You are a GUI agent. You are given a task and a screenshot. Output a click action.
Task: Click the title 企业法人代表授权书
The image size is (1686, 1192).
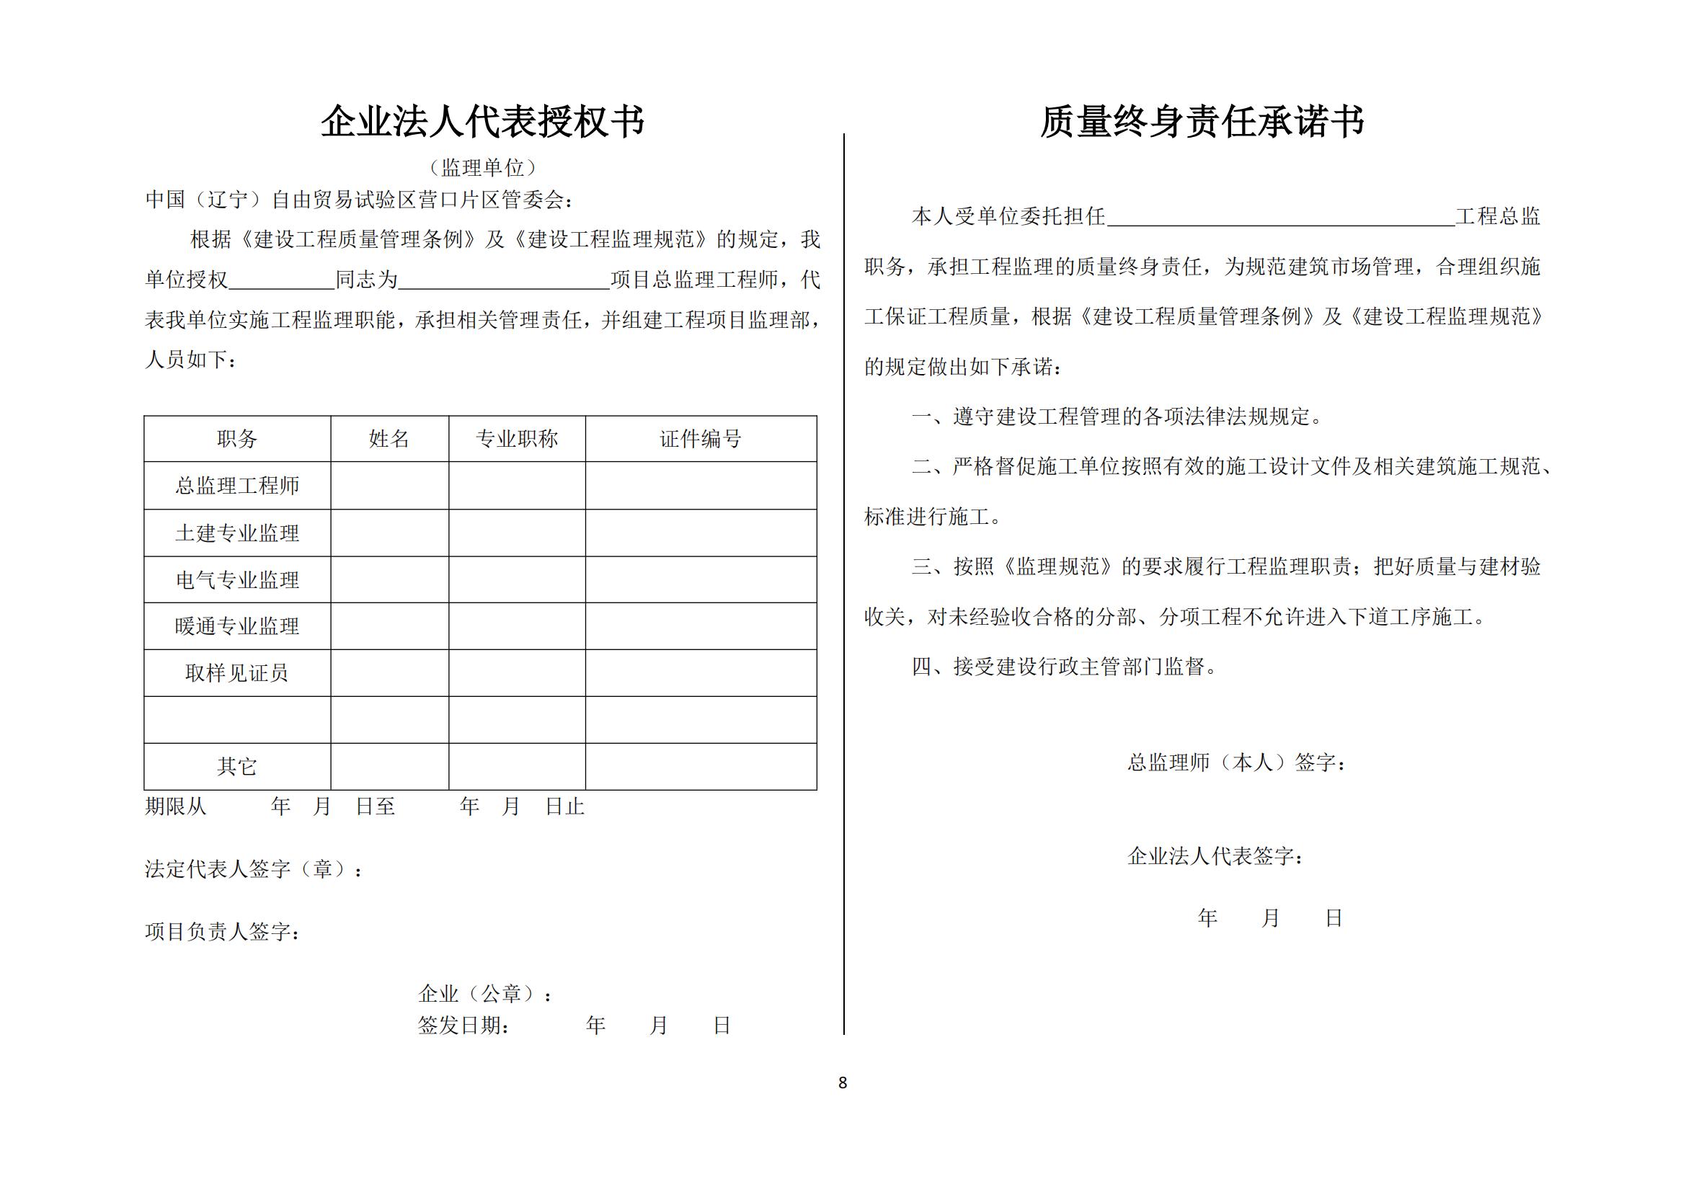(482, 121)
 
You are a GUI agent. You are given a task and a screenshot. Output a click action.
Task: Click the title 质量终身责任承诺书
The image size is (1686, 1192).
(1202, 121)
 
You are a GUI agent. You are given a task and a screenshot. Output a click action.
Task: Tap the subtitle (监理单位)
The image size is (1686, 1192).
(482, 168)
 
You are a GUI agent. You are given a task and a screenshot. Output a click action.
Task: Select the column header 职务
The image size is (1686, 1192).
(237, 439)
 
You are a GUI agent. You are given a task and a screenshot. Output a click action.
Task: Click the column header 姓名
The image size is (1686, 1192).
(389, 439)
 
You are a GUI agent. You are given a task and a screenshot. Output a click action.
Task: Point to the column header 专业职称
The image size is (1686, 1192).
(517, 439)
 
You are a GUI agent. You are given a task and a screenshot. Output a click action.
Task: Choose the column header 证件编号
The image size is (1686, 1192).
(701, 439)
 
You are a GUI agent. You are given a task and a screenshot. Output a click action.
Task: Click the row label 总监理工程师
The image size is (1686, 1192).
(237, 485)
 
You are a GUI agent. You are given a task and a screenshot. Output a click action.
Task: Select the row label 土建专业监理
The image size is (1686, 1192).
(237, 533)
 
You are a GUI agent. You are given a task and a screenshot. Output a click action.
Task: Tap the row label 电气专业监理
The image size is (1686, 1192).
(237, 580)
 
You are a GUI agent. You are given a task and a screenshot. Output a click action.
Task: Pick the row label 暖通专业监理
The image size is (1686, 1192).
(237, 626)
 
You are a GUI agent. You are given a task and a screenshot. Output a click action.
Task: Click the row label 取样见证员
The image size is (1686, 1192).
(237, 673)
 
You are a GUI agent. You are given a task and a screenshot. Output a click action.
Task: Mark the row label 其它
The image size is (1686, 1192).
(237, 766)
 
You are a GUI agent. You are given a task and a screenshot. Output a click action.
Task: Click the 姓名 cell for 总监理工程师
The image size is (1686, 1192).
(389, 485)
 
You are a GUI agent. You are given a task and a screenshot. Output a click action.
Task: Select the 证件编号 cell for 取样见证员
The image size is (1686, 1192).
(701, 673)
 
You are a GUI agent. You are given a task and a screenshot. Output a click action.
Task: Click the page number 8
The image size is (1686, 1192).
(842, 1082)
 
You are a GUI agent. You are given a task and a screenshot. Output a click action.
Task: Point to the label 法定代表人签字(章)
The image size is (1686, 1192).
(253, 869)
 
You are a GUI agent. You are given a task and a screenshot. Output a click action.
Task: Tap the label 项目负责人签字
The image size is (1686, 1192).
(222, 931)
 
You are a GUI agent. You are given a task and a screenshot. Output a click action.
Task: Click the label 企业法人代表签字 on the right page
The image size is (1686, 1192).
(1215, 856)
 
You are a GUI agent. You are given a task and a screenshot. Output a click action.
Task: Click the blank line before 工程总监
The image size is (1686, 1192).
(1281, 217)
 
